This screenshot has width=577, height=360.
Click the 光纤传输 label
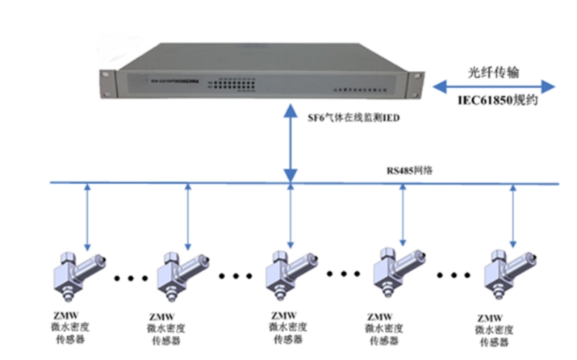coord(495,72)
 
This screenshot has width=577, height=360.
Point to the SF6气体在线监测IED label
coord(355,118)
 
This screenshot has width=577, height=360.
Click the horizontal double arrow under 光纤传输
coord(495,87)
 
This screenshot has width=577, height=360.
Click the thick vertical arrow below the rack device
coord(290,146)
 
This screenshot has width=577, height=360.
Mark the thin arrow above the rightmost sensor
coord(514,216)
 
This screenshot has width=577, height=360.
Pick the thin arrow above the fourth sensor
coord(403,216)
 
